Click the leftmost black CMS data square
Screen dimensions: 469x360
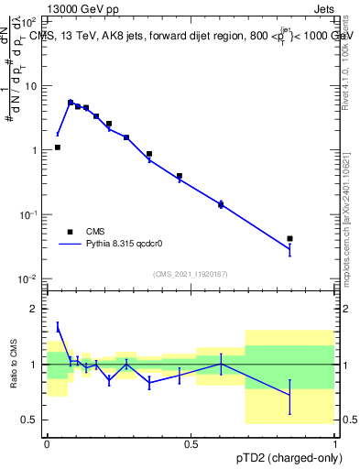[58, 147]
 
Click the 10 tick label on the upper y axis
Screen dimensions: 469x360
[33, 86]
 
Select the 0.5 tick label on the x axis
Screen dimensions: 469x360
[191, 444]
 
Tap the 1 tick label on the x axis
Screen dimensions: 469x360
[335, 444]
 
